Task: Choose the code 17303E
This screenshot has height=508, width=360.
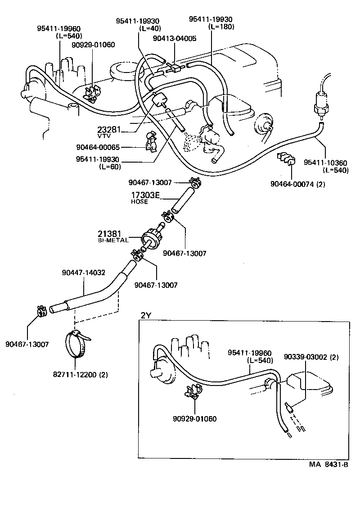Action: (145, 195)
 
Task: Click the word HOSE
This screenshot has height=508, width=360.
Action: (139, 202)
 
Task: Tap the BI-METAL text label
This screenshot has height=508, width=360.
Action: (113, 240)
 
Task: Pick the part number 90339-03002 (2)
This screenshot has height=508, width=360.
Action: (311, 357)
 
